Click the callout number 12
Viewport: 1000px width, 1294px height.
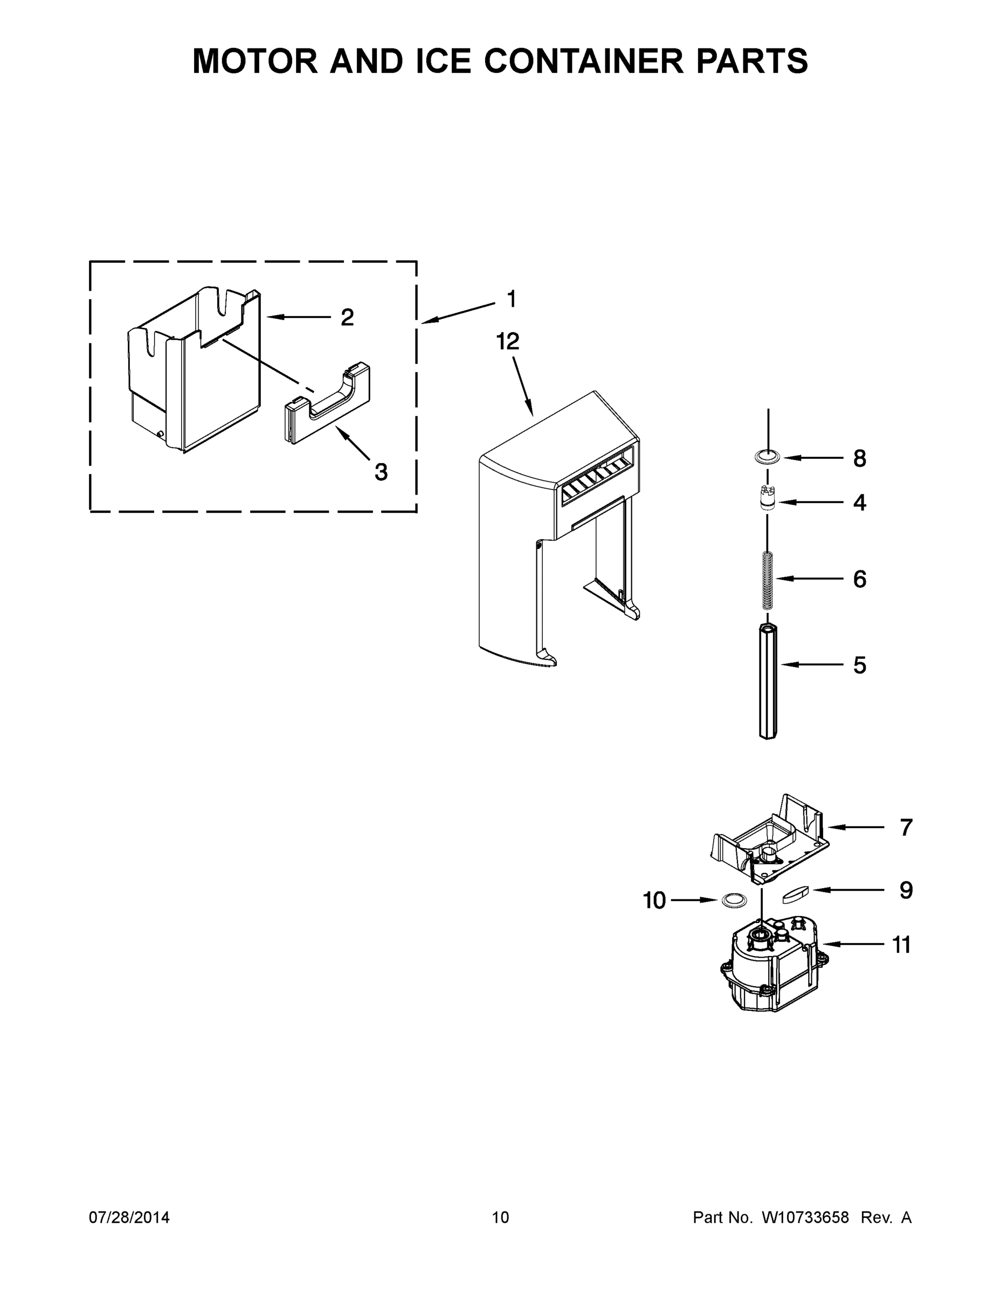508,341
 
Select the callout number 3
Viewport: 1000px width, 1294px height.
381,472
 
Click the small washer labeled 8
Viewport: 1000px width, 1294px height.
767,457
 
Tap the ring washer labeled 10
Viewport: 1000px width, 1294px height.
734,900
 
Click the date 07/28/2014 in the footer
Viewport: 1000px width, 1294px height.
129,1217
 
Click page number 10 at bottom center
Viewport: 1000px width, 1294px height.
501,1217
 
